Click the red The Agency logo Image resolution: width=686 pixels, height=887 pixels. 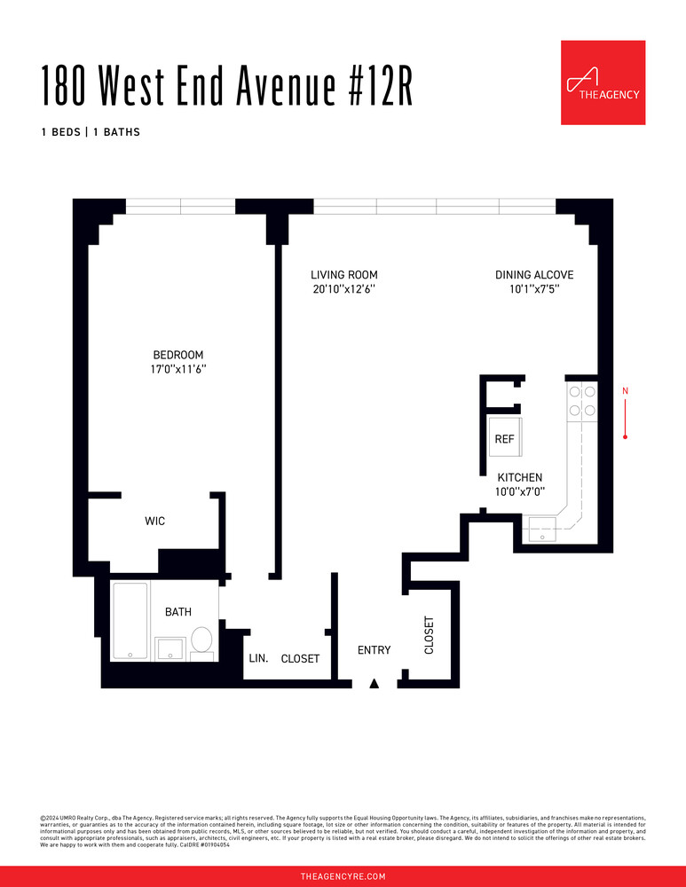(603, 82)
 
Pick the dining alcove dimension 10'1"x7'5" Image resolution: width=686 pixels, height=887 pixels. (534, 289)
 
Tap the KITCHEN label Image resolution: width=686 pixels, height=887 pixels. (519, 477)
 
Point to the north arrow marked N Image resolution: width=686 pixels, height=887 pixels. (626, 413)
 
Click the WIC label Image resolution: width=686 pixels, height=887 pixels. (155, 522)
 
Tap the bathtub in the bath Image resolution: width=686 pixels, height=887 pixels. (130, 622)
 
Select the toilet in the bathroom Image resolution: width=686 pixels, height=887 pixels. (202, 641)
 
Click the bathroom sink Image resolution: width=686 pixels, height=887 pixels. (170, 648)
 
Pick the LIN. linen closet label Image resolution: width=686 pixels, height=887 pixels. (257, 658)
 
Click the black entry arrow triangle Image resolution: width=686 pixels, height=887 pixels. (375, 683)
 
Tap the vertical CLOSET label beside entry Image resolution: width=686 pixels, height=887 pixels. (430, 635)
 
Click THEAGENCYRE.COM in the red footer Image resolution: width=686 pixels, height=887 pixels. (343, 876)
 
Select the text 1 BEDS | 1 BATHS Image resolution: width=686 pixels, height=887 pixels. (91, 132)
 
